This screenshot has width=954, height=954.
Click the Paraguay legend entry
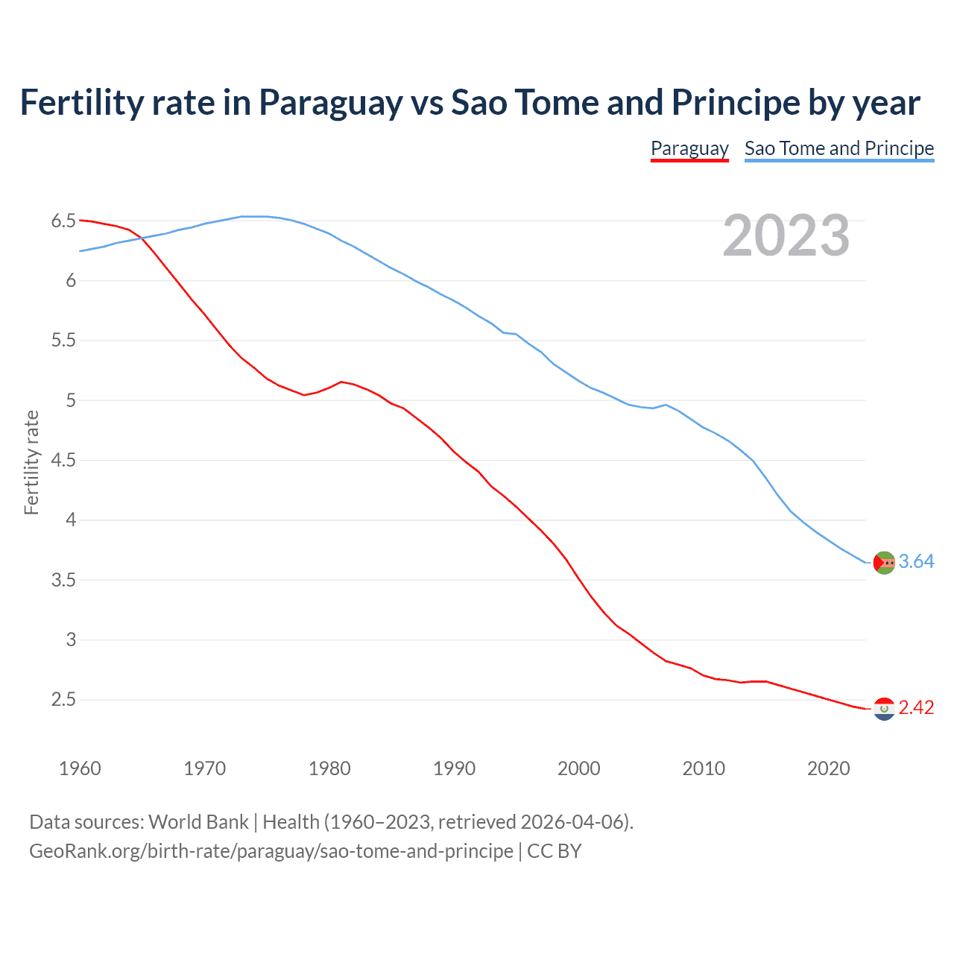click(689, 148)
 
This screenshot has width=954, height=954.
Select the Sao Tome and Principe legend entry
click(839, 148)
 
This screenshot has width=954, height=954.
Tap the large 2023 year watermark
click(786, 236)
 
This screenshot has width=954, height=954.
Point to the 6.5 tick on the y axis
click(63, 221)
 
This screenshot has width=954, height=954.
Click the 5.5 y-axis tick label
click(63, 341)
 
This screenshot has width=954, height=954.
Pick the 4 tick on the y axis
click(72, 520)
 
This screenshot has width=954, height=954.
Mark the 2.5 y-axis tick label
click(63, 700)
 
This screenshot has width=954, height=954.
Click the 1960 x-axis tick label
click(80, 768)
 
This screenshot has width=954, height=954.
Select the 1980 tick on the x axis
click(329, 768)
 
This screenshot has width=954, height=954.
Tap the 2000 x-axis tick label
click(579, 768)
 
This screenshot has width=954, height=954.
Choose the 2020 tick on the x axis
click(828, 768)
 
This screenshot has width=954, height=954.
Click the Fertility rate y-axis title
click(31, 462)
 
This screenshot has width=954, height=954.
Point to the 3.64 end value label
click(916, 562)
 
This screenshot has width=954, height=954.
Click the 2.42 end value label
click(916, 708)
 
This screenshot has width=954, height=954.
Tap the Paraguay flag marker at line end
click(884, 709)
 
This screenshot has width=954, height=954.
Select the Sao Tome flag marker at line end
click(884, 563)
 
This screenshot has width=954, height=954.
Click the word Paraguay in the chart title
click(330, 103)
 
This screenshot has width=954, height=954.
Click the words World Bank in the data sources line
click(198, 822)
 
